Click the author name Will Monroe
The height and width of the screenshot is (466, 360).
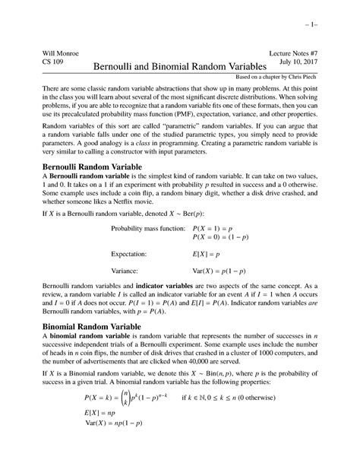(x=50, y=54)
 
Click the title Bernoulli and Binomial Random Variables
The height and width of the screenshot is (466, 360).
(x=179, y=69)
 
